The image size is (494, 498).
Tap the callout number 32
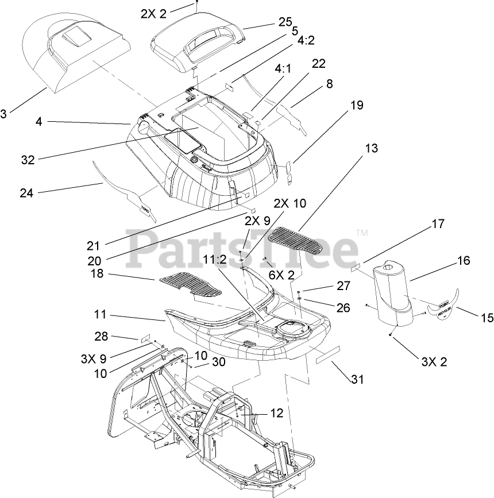click(28, 161)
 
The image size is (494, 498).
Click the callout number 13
click(371, 148)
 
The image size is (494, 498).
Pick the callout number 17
click(438, 225)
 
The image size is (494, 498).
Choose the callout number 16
click(463, 261)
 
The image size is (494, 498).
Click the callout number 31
click(358, 380)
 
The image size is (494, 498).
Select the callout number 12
click(276, 412)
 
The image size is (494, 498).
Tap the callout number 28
click(101, 337)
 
